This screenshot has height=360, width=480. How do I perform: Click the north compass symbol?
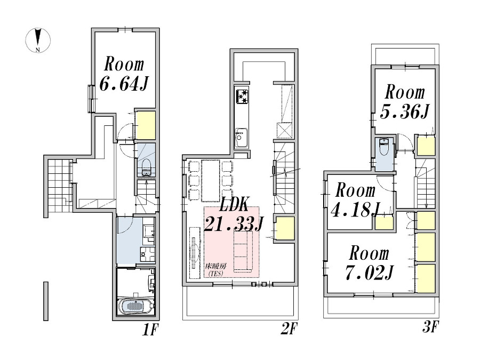[38, 40]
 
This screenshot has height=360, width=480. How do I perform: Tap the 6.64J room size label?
[124, 84]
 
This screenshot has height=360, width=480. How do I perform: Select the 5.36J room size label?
[404, 112]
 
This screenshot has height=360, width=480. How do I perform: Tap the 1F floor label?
[150, 330]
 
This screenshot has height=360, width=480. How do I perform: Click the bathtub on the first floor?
[135, 307]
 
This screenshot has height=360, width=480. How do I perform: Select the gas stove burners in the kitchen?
[242, 96]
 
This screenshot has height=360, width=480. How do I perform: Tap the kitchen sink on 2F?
[241, 138]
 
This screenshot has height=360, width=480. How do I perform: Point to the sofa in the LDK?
[243, 251]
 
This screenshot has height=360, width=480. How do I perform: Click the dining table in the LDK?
[211, 181]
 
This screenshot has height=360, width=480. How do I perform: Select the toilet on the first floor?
[146, 167]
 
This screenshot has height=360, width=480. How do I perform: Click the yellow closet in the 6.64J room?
[146, 125]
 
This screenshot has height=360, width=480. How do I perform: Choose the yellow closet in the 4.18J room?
[385, 222]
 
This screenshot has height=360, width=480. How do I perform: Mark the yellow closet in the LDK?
[284, 228]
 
